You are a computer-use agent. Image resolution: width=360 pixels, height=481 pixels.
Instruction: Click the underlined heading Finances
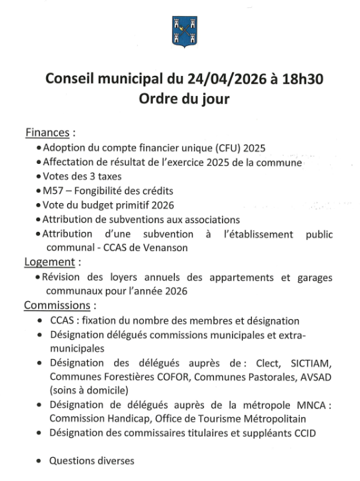coord(48,132)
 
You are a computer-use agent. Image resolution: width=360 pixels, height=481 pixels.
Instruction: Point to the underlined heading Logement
coord(49,262)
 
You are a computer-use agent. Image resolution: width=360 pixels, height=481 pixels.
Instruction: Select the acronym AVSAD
coord(315,377)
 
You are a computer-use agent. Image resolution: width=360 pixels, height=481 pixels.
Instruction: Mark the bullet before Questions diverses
coord(42,461)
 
